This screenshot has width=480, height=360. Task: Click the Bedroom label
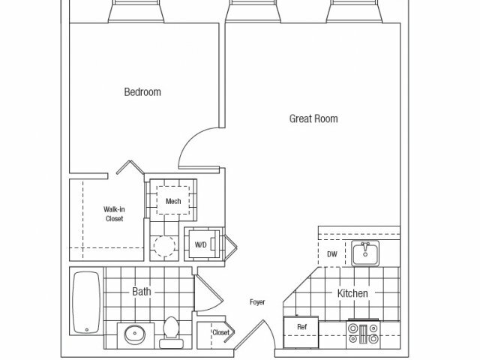click(x=142, y=91)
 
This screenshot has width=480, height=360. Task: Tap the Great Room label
click(x=313, y=118)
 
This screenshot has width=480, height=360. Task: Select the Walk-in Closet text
click(x=114, y=214)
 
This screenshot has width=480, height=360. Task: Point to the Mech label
click(x=173, y=201)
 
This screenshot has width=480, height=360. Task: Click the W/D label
click(x=200, y=244)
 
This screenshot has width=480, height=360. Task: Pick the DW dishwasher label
click(x=332, y=253)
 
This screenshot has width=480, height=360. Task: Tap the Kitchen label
click(x=352, y=293)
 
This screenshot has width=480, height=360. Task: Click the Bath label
click(x=142, y=292)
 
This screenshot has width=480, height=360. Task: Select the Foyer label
click(x=257, y=302)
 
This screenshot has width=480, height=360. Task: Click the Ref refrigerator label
click(x=301, y=327)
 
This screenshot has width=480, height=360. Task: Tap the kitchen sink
click(x=365, y=253)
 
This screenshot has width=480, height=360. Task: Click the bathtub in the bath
click(x=86, y=302)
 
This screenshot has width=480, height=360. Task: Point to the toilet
click(x=171, y=332)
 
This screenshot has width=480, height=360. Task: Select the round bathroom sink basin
click(x=135, y=334)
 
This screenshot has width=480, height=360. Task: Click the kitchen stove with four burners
click(x=363, y=334)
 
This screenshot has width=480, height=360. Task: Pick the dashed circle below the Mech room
click(x=165, y=246)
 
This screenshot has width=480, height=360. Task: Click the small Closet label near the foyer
click(x=220, y=332)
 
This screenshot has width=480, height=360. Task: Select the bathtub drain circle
click(x=87, y=330)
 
